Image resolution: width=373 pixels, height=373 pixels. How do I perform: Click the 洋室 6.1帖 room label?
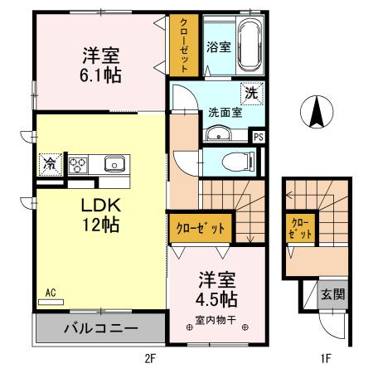point(100,65)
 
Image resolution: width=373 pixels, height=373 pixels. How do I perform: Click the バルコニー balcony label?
point(100,329)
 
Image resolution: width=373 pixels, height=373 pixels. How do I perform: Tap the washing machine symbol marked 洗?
point(251,93)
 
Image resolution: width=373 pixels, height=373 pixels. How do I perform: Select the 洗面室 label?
point(225,112)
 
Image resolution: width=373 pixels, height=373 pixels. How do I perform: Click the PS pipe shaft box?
point(259,138)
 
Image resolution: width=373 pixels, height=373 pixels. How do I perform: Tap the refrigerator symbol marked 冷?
point(51,163)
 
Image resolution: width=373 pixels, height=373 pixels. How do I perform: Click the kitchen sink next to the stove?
point(111,163)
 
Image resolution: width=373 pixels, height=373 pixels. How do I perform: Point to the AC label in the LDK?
point(50,293)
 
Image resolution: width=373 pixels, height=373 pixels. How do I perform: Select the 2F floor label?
point(149,358)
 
